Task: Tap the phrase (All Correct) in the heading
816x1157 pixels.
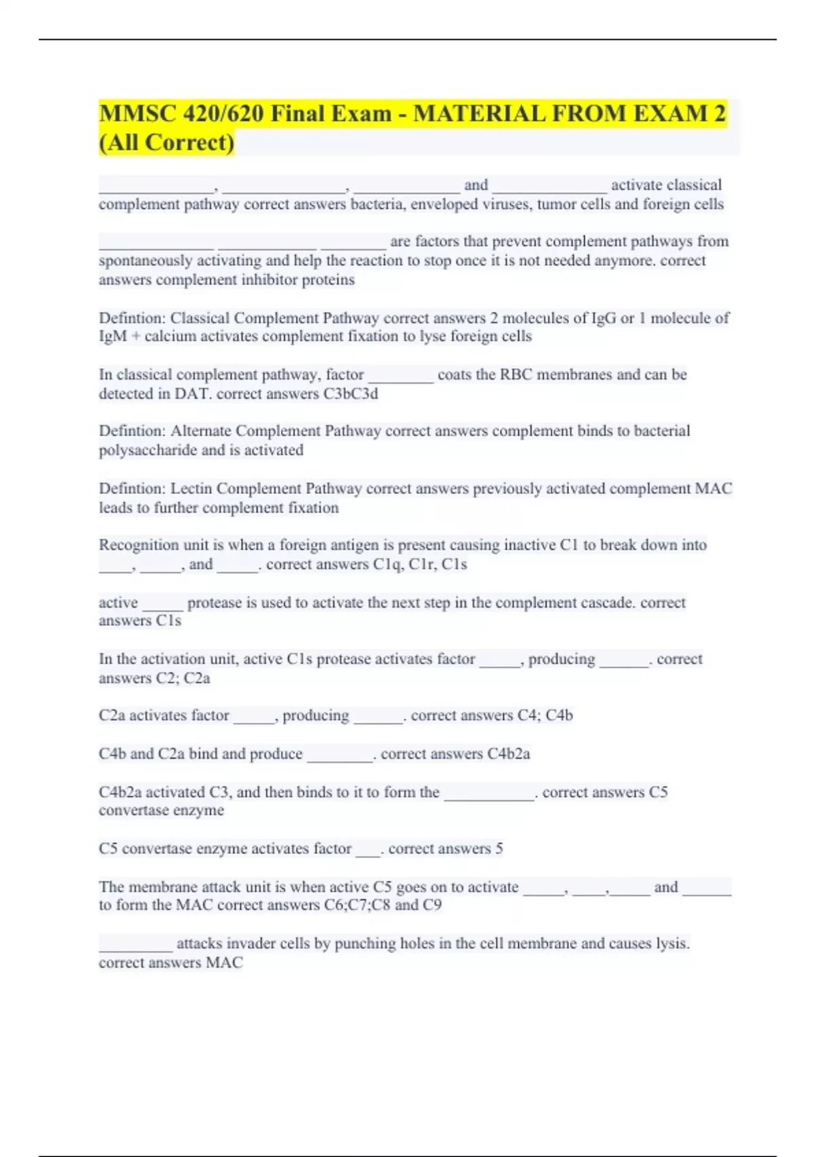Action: coord(167,142)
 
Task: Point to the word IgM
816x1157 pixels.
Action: coord(113,336)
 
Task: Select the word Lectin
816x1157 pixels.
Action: coord(191,489)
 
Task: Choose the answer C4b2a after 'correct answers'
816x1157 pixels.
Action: coord(508,754)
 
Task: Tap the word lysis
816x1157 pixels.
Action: coord(672,943)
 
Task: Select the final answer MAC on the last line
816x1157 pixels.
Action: coord(224,963)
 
